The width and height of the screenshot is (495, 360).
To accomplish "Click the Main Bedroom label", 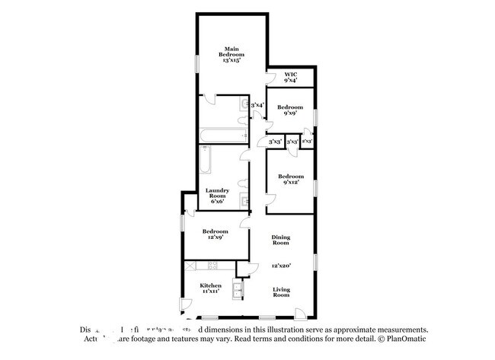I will click(x=232, y=54).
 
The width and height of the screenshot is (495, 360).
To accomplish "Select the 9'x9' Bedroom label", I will click(x=290, y=110).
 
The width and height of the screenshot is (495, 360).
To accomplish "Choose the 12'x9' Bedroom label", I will click(x=215, y=234).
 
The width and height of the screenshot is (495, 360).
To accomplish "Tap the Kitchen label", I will click(x=211, y=288).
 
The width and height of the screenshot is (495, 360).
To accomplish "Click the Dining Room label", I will click(x=281, y=241).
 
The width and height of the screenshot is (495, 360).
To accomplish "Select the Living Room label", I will click(x=281, y=293).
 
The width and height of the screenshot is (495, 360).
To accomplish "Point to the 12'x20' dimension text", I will click(x=281, y=266).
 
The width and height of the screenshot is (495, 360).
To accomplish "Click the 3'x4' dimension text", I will click(x=257, y=105).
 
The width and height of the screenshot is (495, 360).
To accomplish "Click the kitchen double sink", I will click(x=237, y=290).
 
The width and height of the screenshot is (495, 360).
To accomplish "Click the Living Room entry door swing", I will click(x=303, y=312).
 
